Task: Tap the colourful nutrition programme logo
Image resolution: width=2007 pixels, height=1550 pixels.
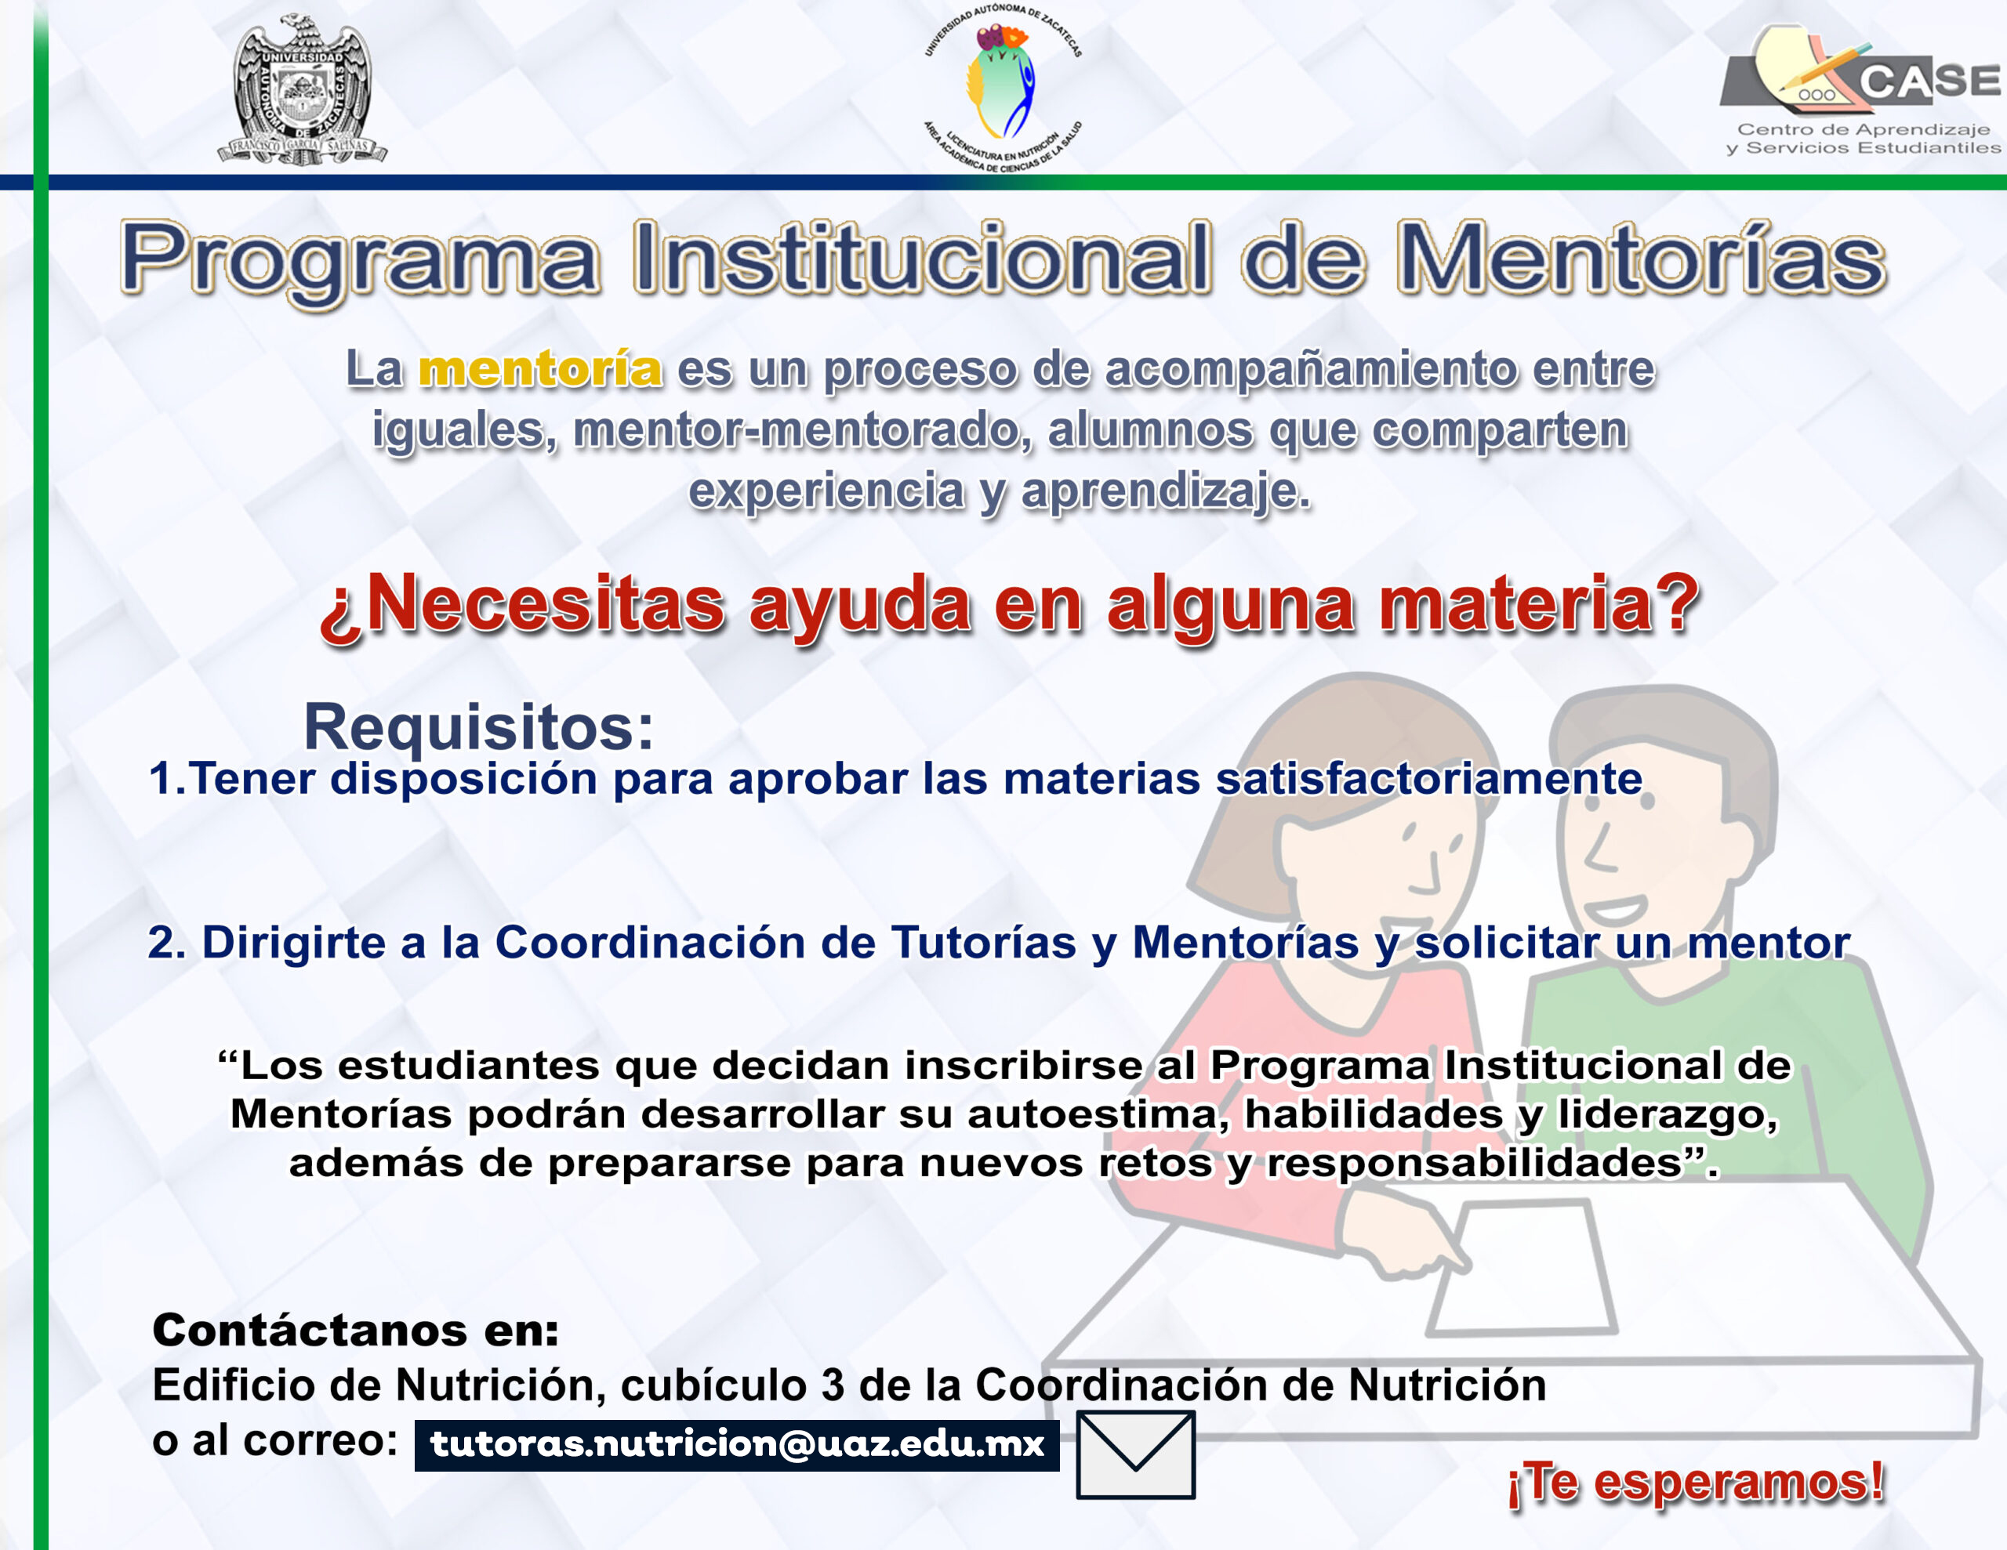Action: point(1003,89)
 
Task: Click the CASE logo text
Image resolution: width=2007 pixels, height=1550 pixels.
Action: point(1930,81)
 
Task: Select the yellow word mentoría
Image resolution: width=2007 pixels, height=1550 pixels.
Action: point(540,369)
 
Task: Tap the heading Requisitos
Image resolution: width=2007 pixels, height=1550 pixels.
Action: point(479,726)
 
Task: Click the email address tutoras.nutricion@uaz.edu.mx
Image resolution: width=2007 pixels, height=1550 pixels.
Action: point(737,1444)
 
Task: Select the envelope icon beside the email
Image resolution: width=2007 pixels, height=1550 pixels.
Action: point(1136,1454)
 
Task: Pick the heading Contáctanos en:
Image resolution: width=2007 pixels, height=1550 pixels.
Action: point(356,1331)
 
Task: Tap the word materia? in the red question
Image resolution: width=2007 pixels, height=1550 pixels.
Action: point(1539,606)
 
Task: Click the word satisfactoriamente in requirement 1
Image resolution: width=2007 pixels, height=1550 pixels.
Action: point(1429,779)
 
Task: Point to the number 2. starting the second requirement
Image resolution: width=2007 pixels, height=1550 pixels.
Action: point(167,943)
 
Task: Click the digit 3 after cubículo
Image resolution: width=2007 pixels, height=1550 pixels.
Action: point(833,1385)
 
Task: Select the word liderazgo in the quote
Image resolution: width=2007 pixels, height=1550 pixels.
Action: point(1667,1115)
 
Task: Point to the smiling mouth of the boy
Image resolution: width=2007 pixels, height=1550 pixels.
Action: point(1614,910)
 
